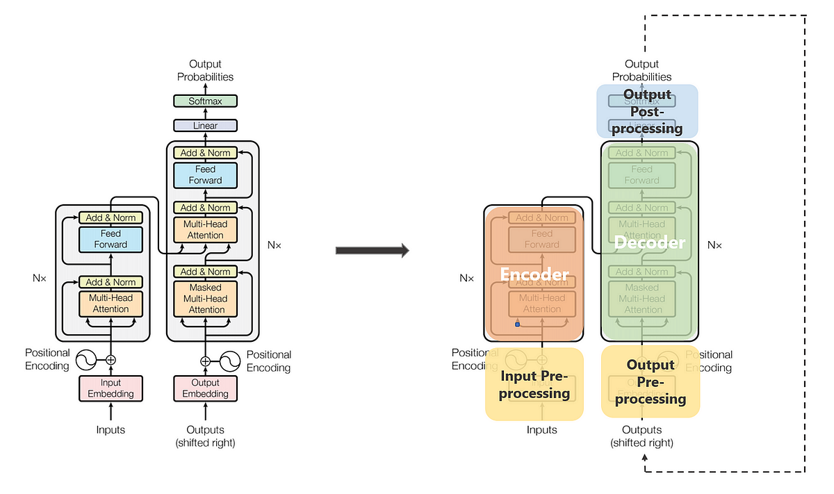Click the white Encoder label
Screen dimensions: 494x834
pyautogui.click(x=534, y=274)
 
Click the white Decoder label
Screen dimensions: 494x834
pyautogui.click(x=649, y=242)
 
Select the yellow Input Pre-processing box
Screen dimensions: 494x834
pyautogui.click(x=534, y=385)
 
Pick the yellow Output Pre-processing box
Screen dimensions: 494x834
pyautogui.click(x=650, y=381)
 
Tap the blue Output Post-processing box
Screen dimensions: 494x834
pyautogui.click(x=647, y=111)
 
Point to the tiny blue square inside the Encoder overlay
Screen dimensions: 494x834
pyautogui.click(x=517, y=324)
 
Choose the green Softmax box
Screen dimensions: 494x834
pyautogui.click(x=205, y=101)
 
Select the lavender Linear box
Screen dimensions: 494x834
pyautogui.click(x=205, y=126)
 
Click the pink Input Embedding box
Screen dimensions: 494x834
pyautogui.click(x=111, y=388)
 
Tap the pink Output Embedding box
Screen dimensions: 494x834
pyautogui.click(x=205, y=388)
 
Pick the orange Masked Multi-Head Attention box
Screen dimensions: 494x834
pyautogui.click(x=205, y=298)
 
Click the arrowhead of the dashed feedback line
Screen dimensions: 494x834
pyautogui.click(x=646, y=457)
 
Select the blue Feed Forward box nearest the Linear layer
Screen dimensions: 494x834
pyautogui.click(x=205, y=174)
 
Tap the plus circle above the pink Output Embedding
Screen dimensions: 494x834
pyautogui.click(x=205, y=361)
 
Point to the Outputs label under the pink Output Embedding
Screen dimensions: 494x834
pyautogui.click(x=205, y=430)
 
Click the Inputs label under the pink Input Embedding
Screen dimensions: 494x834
pyautogui.click(x=111, y=430)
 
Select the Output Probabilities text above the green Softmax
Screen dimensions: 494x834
pyautogui.click(x=205, y=70)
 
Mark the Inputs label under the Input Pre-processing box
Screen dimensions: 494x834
pyautogui.click(x=541, y=430)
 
